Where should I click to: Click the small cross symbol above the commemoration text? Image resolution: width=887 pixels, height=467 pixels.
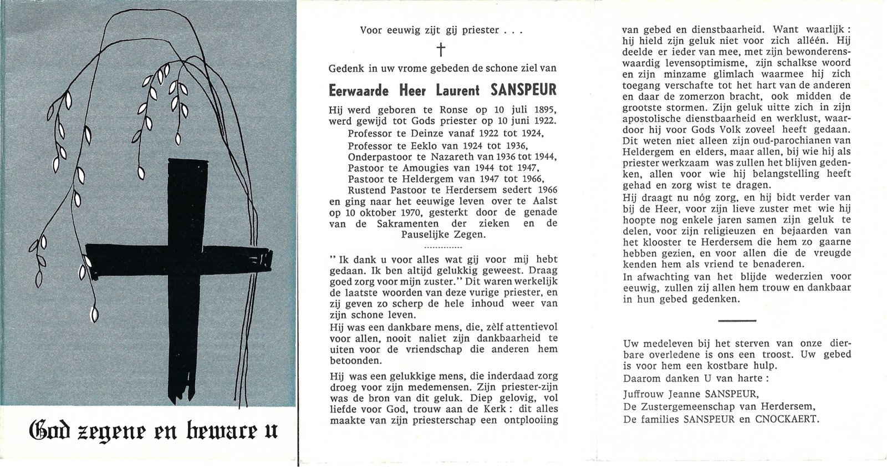coord(441,50)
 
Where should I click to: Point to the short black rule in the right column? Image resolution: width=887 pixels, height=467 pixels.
coord(737,320)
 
